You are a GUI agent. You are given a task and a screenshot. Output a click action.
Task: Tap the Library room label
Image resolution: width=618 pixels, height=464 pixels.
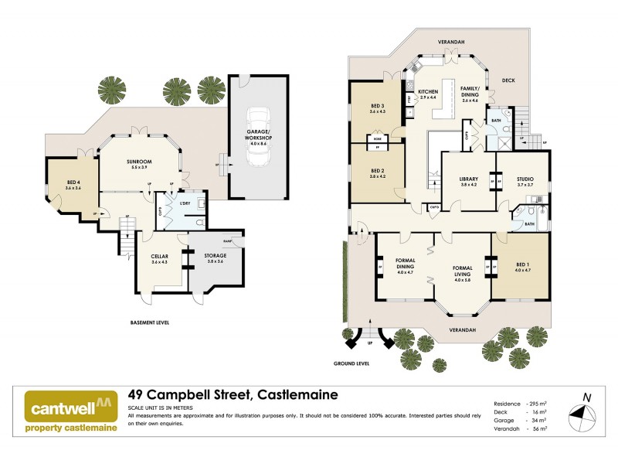pos(470,182)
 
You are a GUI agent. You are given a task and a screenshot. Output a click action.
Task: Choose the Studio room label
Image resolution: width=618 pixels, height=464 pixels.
pos(526,182)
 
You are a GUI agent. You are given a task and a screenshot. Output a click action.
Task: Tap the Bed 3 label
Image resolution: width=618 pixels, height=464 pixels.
pos(377,109)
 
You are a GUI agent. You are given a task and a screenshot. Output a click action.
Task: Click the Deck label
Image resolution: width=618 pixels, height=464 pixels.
pos(508,79)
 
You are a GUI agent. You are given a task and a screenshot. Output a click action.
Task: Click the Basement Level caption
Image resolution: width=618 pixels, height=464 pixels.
pos(150,322)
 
